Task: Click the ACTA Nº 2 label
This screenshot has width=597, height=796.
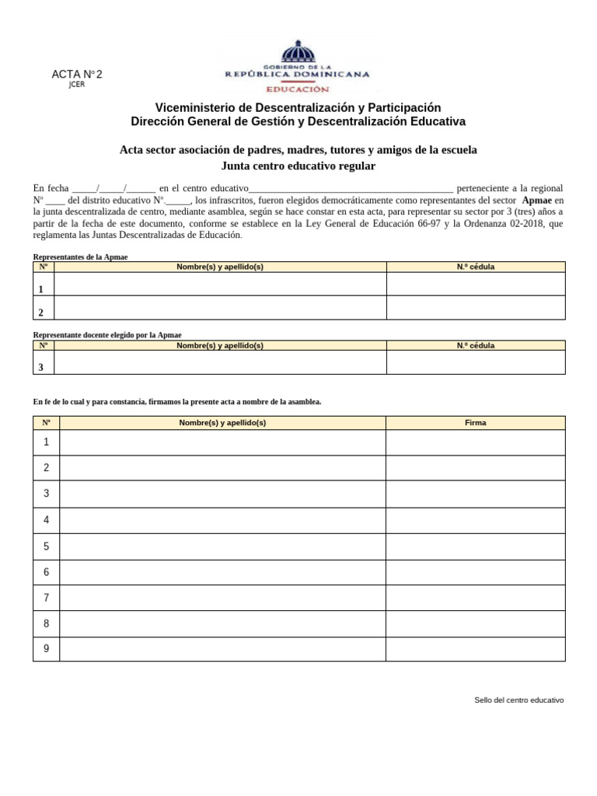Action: [76, 75]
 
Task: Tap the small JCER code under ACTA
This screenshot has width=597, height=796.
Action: [76, 85]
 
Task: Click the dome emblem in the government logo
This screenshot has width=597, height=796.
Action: [298, 53]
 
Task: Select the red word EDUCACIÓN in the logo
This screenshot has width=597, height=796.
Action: [298, 89]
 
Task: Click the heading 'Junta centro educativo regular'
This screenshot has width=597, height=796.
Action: [298, 166]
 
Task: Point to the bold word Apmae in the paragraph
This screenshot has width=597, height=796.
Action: [537, 200]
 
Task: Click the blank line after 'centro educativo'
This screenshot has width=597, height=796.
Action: [350, 189]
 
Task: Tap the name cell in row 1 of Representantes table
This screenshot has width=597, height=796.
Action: [220, 285]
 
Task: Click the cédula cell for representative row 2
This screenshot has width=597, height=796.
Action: [476, 308]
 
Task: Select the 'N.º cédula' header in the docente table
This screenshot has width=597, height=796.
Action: [476, 345]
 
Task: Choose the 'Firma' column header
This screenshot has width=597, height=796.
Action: [476, 423]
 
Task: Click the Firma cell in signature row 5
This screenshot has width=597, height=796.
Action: [476, 546]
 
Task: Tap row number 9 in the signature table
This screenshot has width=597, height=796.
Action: [47, 649]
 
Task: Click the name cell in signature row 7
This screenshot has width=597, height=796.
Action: [222, 598]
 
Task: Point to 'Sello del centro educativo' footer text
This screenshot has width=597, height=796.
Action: [518, 700]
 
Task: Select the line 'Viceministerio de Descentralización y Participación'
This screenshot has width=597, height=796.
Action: [298, 107]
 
